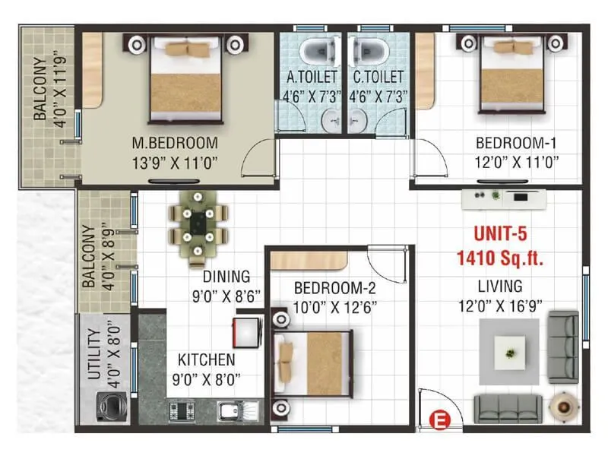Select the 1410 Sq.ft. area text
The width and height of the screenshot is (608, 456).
(500, 258)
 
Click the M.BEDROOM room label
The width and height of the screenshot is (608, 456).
(175, 143)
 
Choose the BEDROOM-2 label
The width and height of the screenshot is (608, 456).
(335, 289)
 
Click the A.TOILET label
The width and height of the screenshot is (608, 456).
(312, 77)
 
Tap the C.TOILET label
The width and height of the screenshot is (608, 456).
(378, 77)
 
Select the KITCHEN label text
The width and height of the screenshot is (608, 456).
(206, 359)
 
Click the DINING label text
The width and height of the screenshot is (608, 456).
(226, 277)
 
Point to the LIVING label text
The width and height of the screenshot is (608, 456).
(499, 287)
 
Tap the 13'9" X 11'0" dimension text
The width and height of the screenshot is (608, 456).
(175, 161)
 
